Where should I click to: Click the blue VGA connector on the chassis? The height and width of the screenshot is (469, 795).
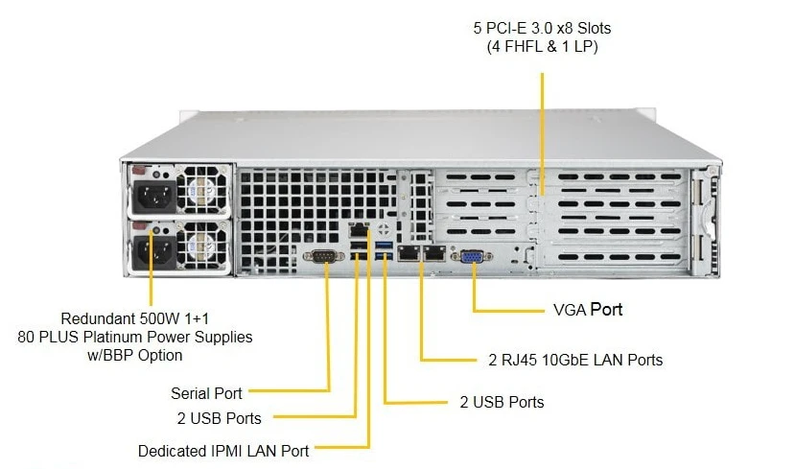click(472, 256)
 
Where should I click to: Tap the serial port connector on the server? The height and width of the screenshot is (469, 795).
click(324, 256)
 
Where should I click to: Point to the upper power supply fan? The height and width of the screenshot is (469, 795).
click(202, 190)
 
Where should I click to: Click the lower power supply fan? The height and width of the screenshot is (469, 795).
click(202, 246)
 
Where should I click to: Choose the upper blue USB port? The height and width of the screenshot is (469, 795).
click(384, 246)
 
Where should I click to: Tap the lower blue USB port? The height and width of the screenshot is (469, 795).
click(384, 254)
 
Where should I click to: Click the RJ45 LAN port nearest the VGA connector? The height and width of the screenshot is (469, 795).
click(434, 253)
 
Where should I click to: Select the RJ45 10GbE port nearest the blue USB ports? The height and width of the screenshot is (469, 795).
click(409, 253)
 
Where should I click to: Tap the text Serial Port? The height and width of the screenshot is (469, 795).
click(206, 393)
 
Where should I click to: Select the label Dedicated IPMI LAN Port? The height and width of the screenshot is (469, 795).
click(223, 451)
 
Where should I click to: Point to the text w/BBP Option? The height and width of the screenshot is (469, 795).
click(135, 355)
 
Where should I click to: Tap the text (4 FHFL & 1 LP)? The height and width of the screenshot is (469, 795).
click(543, 47)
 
